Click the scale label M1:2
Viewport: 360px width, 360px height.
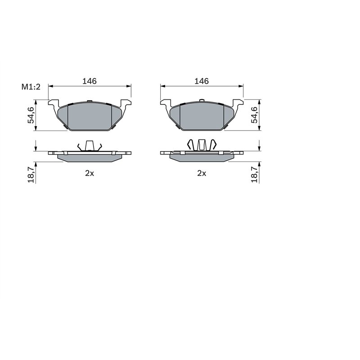point(31,87)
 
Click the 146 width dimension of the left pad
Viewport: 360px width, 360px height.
point(90,81)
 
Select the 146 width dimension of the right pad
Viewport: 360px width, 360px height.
point(202,81)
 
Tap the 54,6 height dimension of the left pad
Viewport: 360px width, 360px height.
point(31,115)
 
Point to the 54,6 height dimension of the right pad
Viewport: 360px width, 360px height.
point(254,115)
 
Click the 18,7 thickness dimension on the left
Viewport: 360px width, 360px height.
point(31,175)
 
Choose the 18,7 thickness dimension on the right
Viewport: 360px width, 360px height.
point(254,175)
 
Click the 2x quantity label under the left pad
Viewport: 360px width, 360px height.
point(90,173)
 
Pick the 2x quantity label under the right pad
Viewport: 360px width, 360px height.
point(202,173)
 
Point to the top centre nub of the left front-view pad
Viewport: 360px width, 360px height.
point(90,100)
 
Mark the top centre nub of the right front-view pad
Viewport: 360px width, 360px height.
point(202,100)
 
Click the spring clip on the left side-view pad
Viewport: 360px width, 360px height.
point(90,146)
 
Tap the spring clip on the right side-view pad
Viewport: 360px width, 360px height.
point(202,145)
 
